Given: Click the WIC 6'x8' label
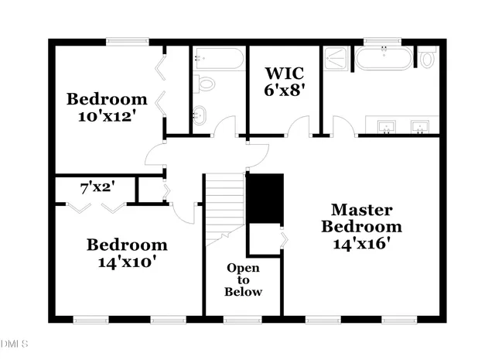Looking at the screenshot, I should pyautogui.click(x=285, y=81).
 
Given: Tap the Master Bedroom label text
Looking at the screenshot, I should pyautogui.click(x=362, y=218).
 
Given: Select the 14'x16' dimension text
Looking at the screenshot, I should pyautogui.click(x=362, y=243).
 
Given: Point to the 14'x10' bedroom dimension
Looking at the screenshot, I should pyautogui.click(x=127, y=262).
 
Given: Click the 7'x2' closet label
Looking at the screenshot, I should pyautogui.click(x=97, y=187).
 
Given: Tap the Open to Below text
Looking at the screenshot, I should pyautogui.click(x=243, y=279).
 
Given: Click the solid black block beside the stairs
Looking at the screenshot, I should pyautogui.click(x=265, y=198).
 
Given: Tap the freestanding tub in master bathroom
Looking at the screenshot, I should pyautogui.click(x=384, y=58).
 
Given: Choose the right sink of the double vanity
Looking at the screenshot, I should pyautogui.click(x=421, y=126).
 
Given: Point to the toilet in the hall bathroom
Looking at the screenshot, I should pyautogui.click(x=205, y=83).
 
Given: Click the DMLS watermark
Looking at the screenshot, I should pyautogui.click(x=14, y=342).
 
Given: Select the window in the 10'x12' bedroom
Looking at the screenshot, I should pyautogui.click(x=128, y=42).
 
